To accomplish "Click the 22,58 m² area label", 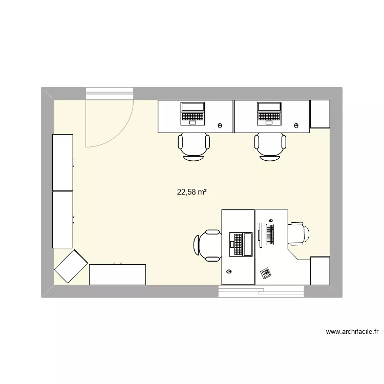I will click(192, 193).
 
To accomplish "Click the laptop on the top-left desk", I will click(193, 114).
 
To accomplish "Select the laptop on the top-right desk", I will click(269, 114).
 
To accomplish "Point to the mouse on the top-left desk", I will click(220, 125).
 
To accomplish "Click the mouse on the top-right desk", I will click(296, 125).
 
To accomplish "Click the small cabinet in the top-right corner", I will click(320, 114).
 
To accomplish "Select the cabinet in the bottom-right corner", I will click(320, 270).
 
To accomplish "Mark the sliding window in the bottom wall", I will click(261, 291).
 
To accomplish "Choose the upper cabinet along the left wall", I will click(63, 162).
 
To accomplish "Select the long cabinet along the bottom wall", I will click(117, 274).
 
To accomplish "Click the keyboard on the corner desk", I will click(270, 233).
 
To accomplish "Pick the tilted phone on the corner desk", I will click(266, 272).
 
